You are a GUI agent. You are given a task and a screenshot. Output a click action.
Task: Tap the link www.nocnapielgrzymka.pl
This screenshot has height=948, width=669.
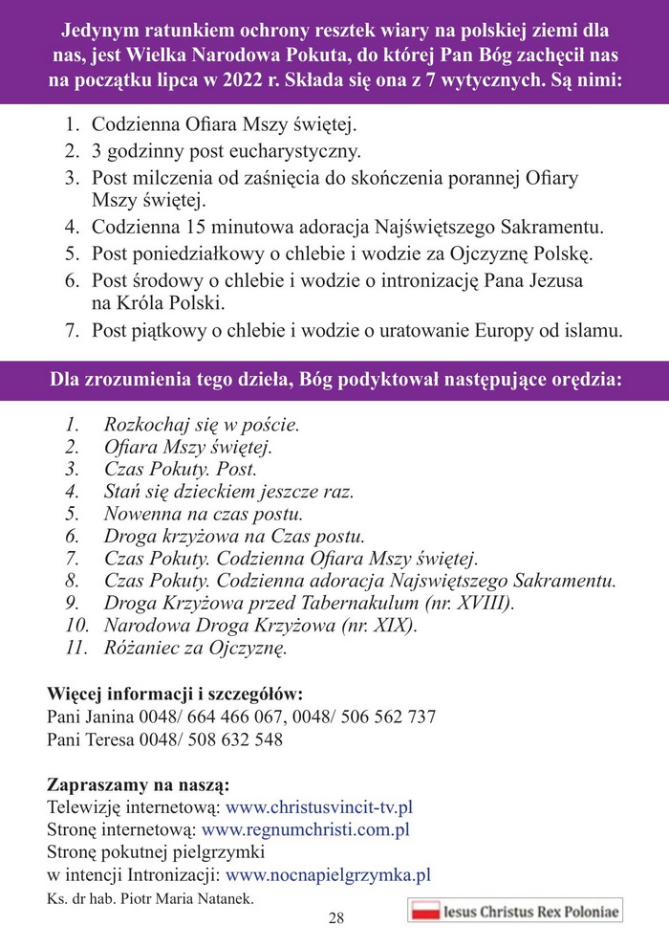tap(329, 873)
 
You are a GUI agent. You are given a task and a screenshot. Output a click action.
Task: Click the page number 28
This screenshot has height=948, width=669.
tap(335, 918)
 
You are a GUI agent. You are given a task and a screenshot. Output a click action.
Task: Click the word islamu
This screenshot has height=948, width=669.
tap(592, 331)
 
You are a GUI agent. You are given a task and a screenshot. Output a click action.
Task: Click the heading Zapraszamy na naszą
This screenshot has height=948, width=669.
tap(138, 784)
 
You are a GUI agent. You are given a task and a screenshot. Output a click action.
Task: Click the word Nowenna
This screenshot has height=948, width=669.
tap(142, 515)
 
